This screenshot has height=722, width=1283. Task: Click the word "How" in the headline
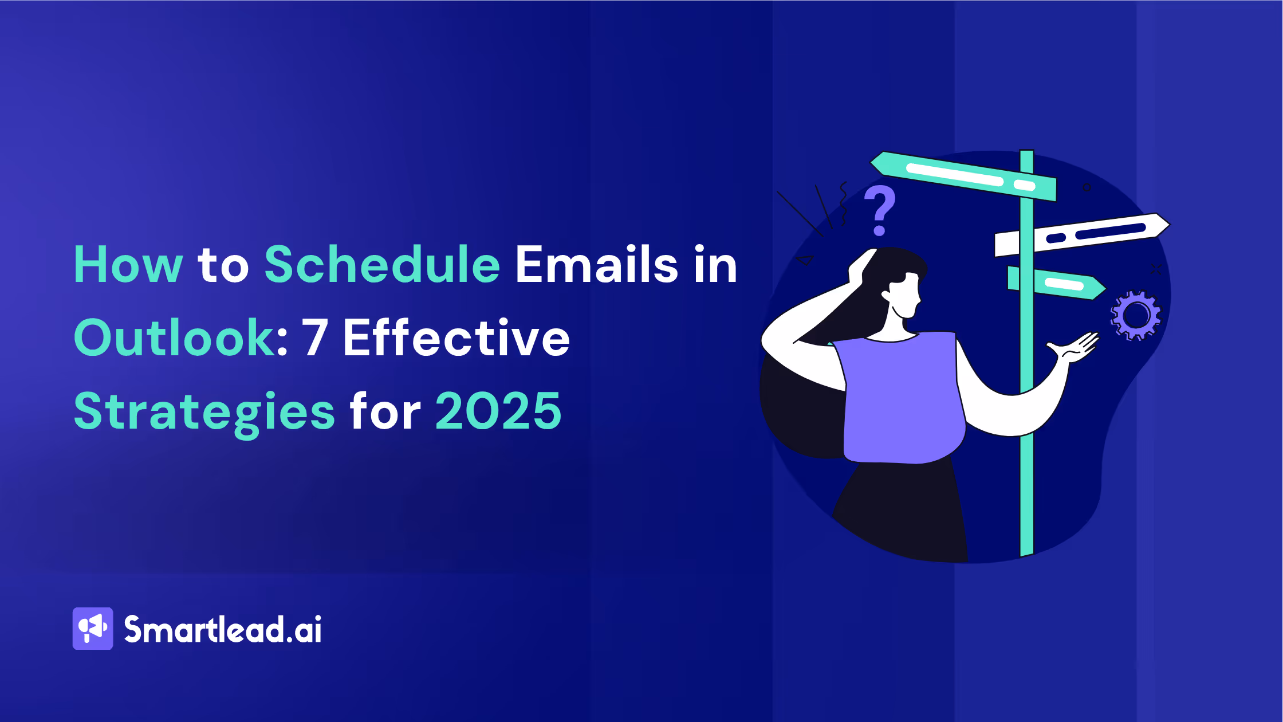pyautogui.click(x=128, y=265)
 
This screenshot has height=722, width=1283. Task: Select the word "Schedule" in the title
pyautogui.click(x=382, y=265)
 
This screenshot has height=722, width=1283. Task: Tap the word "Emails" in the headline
pyautogui.click(x=596, y=265)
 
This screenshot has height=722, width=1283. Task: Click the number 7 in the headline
pyautogui.click(x=314, y=338)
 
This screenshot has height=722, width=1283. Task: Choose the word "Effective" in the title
pyautogui.click(x=456, y=338)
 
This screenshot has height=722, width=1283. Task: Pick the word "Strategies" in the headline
pyautogui.click(x=204, y=411)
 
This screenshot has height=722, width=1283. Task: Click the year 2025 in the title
pyautogui.click(x=498, y=411)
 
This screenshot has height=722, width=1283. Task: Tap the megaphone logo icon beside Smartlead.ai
pyautogui.click(x=93, y=629)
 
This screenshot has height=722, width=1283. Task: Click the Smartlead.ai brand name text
pyautogui.click(x=223, y=630)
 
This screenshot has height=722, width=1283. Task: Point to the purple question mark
pyautogui.click(x=879, y=210)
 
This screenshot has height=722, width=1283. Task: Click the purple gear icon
pyautogui.click(x=1136, y=315)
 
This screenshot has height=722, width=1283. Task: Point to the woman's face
pyautogui.click(x=905, y=295)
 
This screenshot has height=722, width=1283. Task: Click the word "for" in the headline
pyautogui.click(x=385, y=411)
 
